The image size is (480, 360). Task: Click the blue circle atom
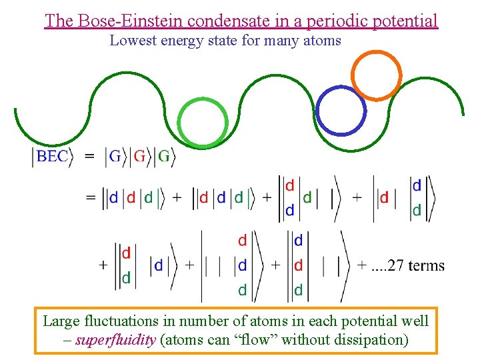tap(341, 110)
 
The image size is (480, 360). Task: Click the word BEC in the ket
tap(52, 157)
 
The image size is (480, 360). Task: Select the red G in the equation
tap(139, 157)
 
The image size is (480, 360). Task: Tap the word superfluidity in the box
tap(115, 339)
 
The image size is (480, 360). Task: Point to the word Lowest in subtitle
tap(132, 41)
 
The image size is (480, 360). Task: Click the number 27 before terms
tap(395, 265)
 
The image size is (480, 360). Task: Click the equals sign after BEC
tap(89, 157)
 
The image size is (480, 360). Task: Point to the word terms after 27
tap(426, 265)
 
